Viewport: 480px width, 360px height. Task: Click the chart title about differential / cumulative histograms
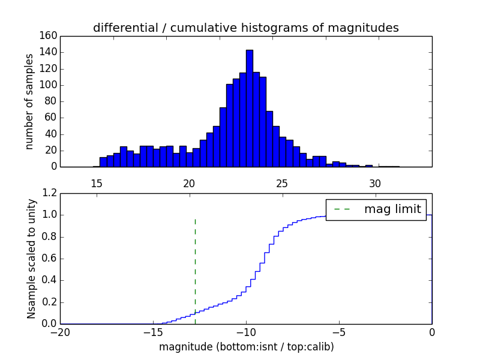click(x=245, y=28)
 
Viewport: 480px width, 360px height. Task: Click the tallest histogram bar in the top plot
click(x=249, y=108)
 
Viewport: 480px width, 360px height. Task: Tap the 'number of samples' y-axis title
click(x=29, y=101)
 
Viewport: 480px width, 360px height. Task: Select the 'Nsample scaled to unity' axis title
click(x=31, y=259)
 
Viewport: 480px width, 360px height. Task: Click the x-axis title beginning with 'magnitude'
click(x=246, y=347)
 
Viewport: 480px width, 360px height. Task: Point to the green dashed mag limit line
click(x=195, y=270)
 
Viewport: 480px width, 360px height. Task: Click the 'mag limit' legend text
click(x=392, y=209)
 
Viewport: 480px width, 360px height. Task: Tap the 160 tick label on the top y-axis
click(x=49, y=36)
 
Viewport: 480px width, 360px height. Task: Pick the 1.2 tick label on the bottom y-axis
click(x=50, y=193)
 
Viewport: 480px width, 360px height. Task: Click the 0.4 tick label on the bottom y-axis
click(x=50, y=280)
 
